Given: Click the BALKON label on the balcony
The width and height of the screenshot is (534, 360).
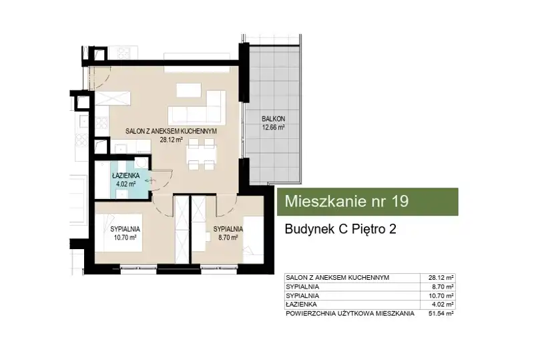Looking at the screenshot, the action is pyautogui.click(x=273, y=119).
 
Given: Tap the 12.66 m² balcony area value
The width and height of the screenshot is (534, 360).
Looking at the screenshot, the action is pyautogui.click(x=273, y=128).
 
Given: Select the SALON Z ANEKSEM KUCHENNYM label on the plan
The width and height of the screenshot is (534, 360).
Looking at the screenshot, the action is pyautogui.click(x=171, y=131).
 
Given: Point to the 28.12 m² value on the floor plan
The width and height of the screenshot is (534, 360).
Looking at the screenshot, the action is pyautogui.click(x=172, y=139).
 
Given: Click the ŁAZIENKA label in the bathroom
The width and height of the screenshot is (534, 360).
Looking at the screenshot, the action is pyautogui.click(x=125, y=176).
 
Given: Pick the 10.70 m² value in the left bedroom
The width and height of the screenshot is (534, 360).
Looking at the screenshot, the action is pyautogui.click(x=125, y=238).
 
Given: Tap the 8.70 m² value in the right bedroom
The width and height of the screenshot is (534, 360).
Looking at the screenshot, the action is pyautogui.click(x=228, y=238).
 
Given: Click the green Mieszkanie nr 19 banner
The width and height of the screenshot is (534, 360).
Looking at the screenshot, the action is pyautogui.click(x=368, y=202).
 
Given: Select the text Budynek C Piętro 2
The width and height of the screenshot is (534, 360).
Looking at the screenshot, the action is pyautogui.click(x=340, y=229).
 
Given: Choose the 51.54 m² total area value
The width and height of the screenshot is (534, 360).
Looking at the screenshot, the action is pyautogui.click(x=441, y=314).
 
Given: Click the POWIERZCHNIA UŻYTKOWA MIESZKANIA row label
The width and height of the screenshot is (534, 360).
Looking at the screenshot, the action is pyautogui.click(x=350, y=314).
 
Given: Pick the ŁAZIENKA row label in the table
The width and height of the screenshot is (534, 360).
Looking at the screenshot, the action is pyautogui.click(x=302, y=305).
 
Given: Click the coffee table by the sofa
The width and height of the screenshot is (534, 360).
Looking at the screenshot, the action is pyautogui.click(x=188, y=90).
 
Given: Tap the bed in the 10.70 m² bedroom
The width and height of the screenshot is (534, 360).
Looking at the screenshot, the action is pyautogui.click(x=118, y=232).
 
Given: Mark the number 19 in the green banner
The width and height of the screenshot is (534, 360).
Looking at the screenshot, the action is pyautogui.click(x=400, y=202).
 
